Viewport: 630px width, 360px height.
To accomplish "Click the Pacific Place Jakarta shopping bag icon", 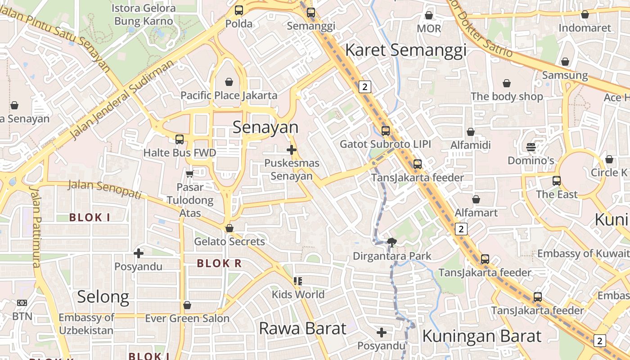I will click(229, 82).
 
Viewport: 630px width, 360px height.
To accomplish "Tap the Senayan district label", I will click(265, 128).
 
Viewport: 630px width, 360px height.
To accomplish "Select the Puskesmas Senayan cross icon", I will click(292, 150).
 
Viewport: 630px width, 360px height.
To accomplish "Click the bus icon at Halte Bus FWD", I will click(180, 139).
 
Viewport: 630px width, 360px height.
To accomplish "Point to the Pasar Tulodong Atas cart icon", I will click(189, 174).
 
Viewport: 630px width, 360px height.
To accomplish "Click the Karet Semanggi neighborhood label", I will click(405, 50).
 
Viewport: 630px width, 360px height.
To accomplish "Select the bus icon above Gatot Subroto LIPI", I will click(386, 131).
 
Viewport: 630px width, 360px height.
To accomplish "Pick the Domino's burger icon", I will click(531, 147).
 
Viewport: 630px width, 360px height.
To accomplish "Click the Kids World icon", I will click(297, 281).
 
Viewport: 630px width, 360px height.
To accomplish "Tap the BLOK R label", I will click(219, 264).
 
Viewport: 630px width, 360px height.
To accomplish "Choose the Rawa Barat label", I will click(302, 328).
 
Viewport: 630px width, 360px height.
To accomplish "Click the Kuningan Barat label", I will click(481, 336).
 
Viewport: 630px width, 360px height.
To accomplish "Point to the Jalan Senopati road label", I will click(105, 189).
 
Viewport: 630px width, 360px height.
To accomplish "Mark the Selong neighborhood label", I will click(103, 297).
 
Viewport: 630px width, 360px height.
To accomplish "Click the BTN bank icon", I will click(22, 303).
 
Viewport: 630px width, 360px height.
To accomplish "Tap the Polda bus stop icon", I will click(239, 10).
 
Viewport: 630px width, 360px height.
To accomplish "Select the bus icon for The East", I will click(557, 181).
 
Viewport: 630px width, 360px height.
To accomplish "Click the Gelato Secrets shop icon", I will click(229, 228).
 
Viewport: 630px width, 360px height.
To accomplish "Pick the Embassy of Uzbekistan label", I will click(86, 324).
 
